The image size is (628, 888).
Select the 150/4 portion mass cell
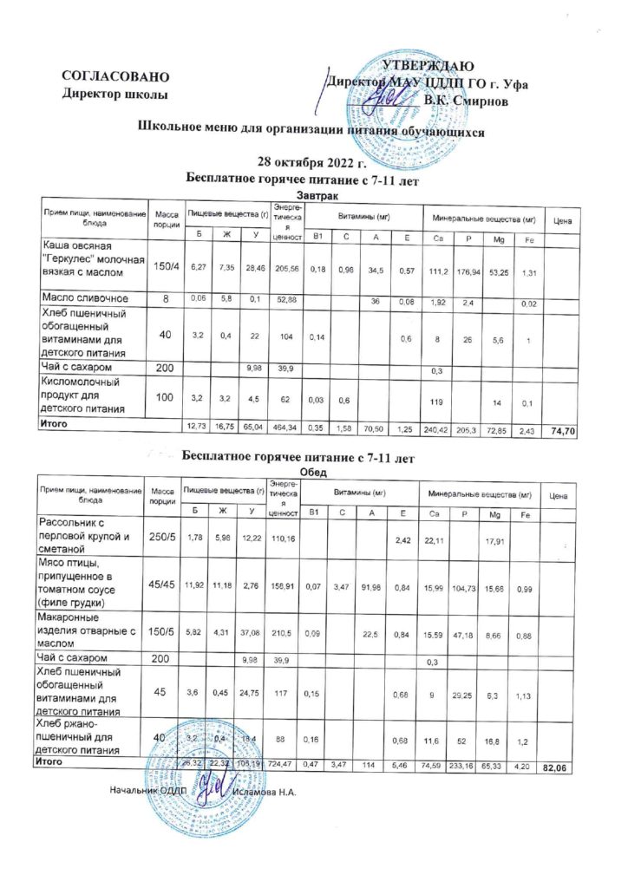click(x=165, y=265)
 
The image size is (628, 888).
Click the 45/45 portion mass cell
click(x=165, y=587)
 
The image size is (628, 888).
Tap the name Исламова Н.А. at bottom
click(x=265, y=792)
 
